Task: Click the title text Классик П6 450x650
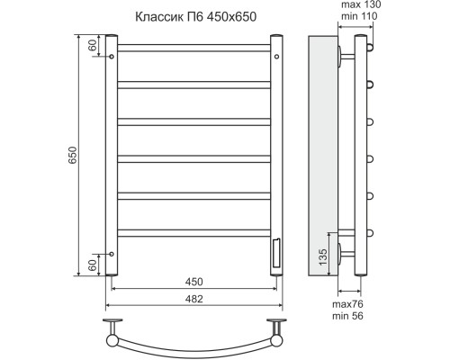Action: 190,16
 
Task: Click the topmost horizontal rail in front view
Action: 193,46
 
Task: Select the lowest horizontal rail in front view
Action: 193,233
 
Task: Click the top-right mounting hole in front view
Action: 275,56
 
